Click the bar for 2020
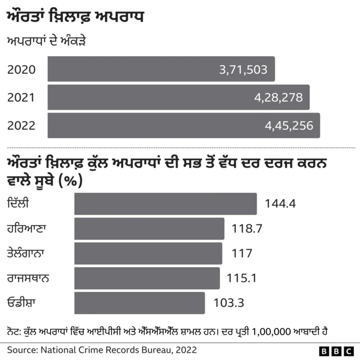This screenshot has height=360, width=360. tap(161, 69)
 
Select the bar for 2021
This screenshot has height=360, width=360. tap(178, 97)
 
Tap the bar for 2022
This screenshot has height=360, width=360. tap(183, 125)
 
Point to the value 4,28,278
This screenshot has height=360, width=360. tap(278, 98)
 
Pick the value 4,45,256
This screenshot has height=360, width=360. tap(289, 126)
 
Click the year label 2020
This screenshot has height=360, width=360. tap(21, 70)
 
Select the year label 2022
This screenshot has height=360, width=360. tap(21, 126)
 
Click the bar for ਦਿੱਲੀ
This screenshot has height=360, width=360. tap(165, 204)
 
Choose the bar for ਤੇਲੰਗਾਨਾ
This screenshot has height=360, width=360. tap(148, 253)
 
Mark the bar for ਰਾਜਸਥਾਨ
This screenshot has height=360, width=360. tap(147, 278)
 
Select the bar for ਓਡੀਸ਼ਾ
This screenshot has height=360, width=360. tap(139, 303)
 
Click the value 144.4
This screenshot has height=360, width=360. tap(276, 204)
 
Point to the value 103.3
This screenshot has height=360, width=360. tap(228, 303)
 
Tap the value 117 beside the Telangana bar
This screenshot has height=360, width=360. tap(242, 254)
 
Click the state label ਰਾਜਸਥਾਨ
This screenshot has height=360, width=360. tap(30, 277)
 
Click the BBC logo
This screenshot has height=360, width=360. tap(336, 351)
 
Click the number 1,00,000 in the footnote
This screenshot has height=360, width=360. tap(272, 332)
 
